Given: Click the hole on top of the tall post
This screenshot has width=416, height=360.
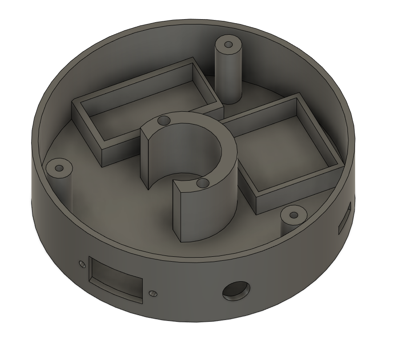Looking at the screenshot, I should [228, 45].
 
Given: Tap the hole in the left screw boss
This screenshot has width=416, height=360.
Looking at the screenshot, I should [59, 169].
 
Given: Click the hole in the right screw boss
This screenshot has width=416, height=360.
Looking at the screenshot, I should [293, 215].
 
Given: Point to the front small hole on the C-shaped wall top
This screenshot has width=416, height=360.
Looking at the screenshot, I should [203, 183].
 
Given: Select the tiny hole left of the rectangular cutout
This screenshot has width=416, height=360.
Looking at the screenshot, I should [81, 264].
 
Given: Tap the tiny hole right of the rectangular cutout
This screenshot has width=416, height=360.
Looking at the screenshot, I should [153, 293].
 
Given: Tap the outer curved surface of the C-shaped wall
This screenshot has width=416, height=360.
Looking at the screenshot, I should [214, 214].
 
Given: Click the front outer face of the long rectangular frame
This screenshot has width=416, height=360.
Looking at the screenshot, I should [120, 149].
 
